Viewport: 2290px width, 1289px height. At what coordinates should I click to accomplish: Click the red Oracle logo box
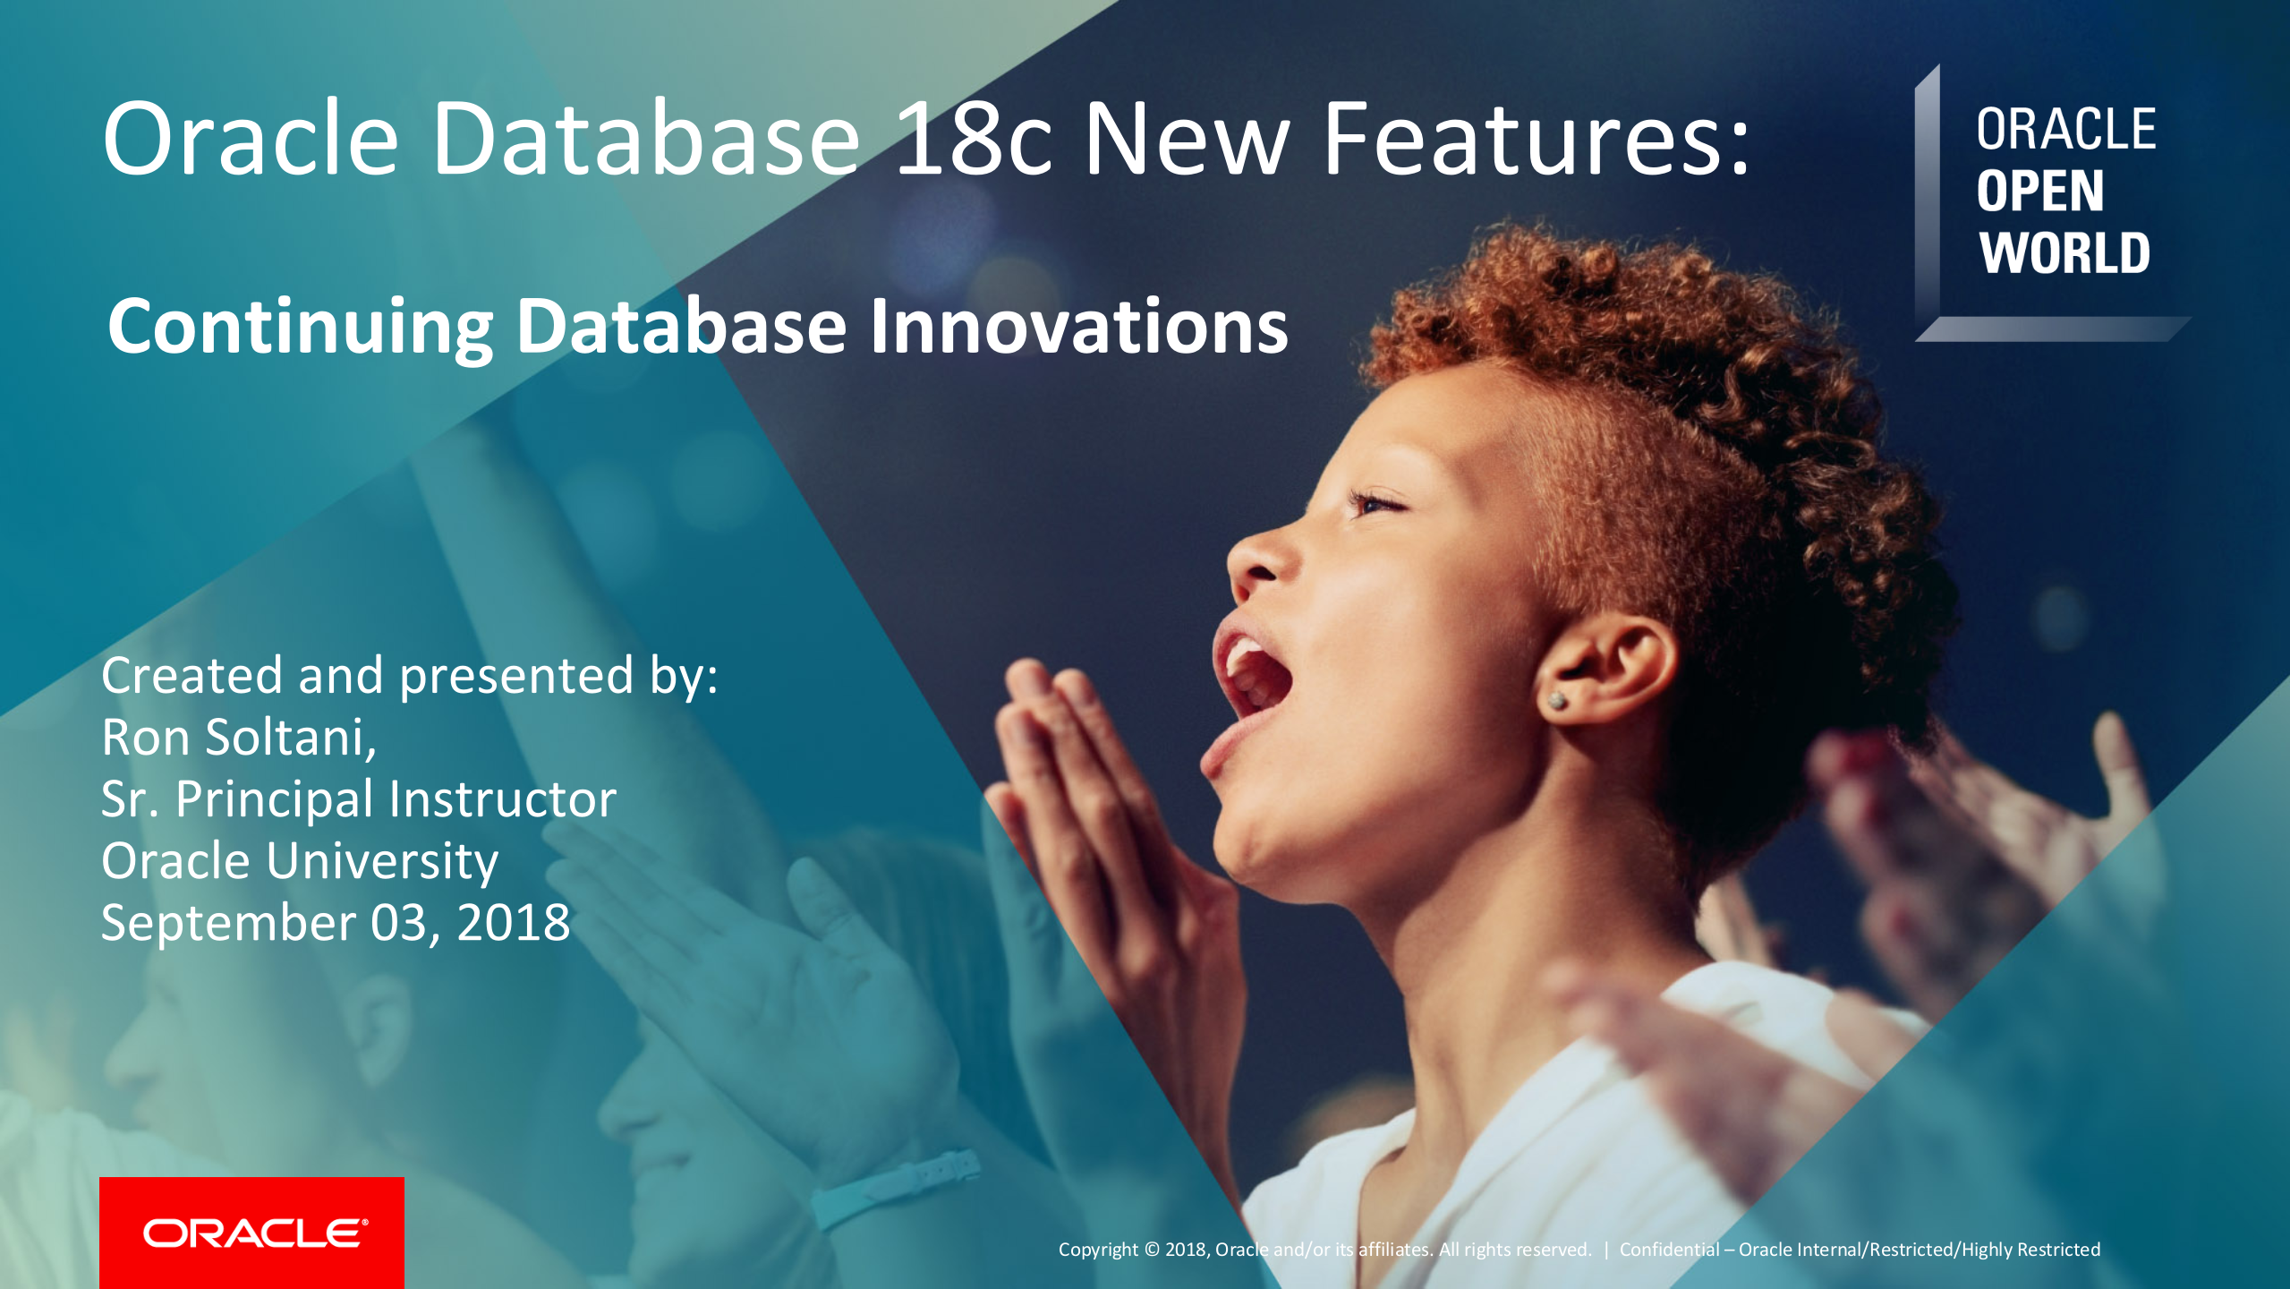tap(251, 1233)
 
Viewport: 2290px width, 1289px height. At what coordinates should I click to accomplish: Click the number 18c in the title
tap(975, 139)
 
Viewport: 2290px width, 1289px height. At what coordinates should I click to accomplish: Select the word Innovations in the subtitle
tap(1078, 326)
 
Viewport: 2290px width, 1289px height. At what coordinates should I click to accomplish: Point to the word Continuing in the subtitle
tap(300, 328)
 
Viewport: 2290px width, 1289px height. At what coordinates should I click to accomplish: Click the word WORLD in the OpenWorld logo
tap(2064, 253)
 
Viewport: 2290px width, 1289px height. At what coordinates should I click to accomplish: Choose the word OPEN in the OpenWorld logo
tap(2039, 192)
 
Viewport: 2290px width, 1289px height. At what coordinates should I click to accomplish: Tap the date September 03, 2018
tap(336, 922)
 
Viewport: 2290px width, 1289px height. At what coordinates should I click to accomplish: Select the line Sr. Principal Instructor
tap(359, 798)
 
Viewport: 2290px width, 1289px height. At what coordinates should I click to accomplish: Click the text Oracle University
tap(300, 861)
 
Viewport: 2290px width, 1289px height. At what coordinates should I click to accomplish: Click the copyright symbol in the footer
tap(1152, 1250)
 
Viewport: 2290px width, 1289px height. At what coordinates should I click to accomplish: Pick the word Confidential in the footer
tap(1669, 1250)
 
